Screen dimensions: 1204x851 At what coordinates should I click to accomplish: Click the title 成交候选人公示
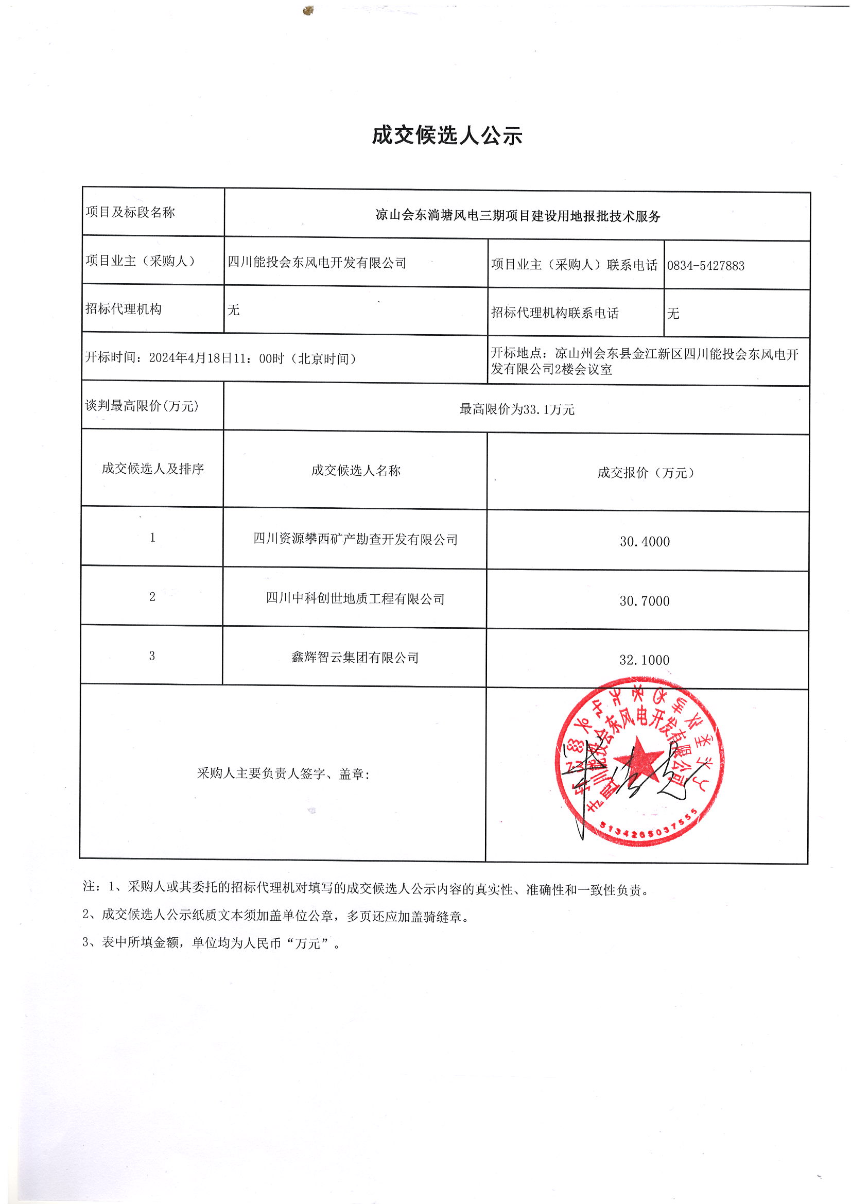(x=447, y=136)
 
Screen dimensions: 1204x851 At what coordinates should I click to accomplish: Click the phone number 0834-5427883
(x=705, y=266)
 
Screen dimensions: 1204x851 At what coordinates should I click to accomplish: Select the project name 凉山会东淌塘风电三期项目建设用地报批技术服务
(x=517, y=216)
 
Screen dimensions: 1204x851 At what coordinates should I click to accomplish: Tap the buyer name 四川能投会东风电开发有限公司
(x=317, y=263)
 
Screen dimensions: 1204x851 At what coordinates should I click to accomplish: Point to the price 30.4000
(x=645, y=542)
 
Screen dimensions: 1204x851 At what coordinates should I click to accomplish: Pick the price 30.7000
(x=645, y=601)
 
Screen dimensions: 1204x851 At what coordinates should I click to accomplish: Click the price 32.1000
(x=645, y=660)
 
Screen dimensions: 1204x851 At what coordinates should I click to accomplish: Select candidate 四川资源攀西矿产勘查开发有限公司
(x=355, y=539)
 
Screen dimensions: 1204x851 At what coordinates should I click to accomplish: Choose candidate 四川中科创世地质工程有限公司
(x=355, y=598)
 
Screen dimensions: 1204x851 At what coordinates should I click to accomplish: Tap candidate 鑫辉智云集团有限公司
(x=355, y=658)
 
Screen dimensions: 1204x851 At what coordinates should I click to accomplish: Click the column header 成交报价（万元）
(x=646, y=473)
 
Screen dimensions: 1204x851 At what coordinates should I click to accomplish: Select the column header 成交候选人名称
(x=356, y=470)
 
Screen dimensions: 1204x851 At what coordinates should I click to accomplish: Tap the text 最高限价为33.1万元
(x=517, y=409)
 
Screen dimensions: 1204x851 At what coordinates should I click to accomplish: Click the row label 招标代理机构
(x=124, y=309)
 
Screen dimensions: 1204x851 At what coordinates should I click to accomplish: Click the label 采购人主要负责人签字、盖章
(x=283, y=774)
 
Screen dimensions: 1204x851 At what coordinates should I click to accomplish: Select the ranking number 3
(x=152, y=656)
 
